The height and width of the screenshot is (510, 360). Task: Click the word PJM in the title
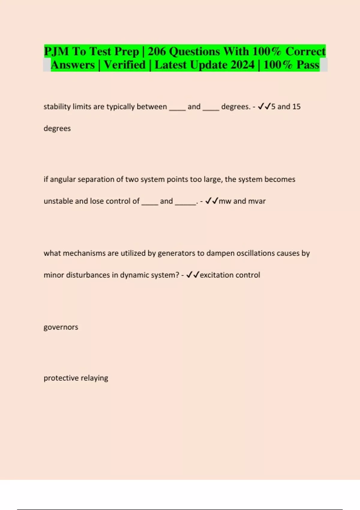pyautogui.click(x=56, y=52)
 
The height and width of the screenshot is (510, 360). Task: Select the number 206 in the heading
pyautogui.click(x=157, y=52)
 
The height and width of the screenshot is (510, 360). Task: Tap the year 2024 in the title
pyautogui.click(x=241, y=65)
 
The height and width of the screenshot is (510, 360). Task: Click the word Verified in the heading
pyautogui.click(x=124, y=65)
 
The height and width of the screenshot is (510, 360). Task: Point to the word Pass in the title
pyautogui.click(x=308, y=65)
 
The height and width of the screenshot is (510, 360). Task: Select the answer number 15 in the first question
pyautogui.click(x=296, y=106)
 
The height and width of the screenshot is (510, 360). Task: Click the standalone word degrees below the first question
pyautogui.click(x=57, y=128)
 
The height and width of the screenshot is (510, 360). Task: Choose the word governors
pyautogui.click(x=61, y=327)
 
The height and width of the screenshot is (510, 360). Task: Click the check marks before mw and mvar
pyautogui.click(x=211, y=201)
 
